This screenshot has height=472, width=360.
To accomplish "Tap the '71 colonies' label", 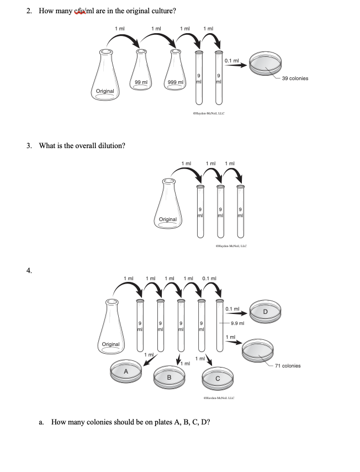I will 287,366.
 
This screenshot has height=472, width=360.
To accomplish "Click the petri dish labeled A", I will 126,371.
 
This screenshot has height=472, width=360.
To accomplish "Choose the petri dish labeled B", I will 170,377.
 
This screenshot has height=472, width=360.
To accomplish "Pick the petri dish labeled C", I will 218,377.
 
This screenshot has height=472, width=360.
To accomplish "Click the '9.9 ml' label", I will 238,323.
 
